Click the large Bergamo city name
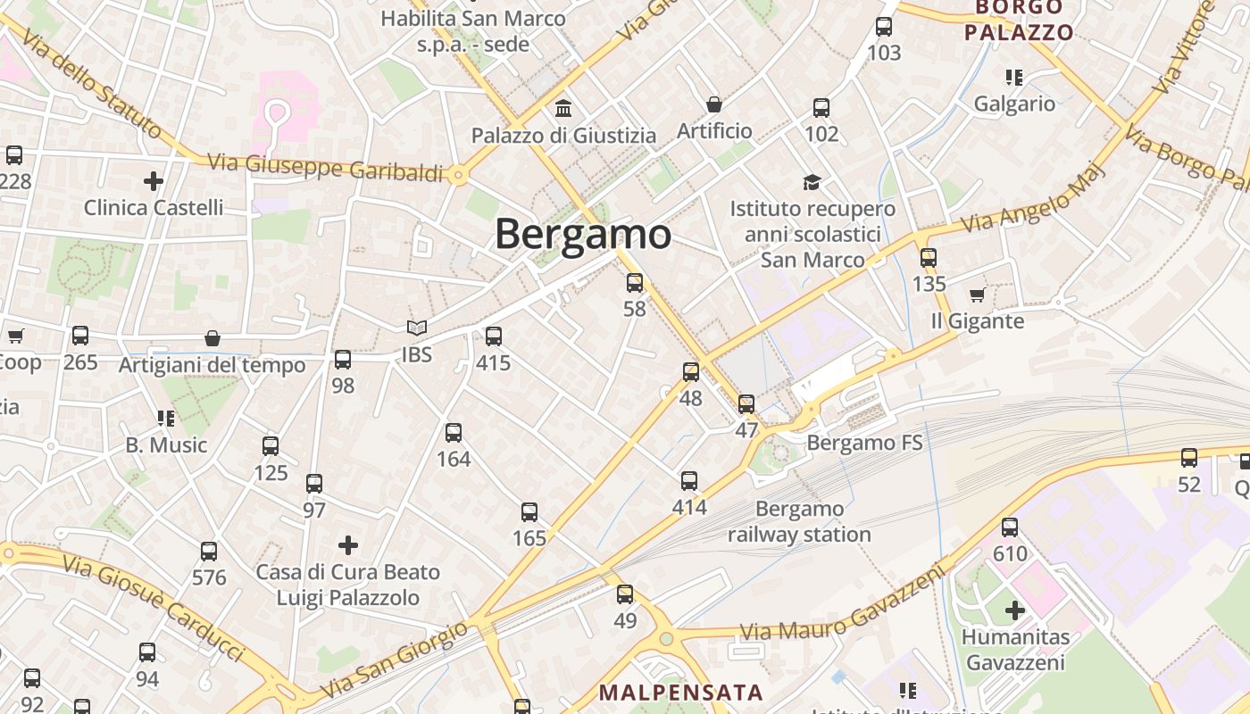pos(582,235)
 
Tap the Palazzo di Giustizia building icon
pos(563,109)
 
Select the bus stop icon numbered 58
pos(635,283)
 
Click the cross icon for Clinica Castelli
pos(154,181)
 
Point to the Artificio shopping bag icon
pos(714,104)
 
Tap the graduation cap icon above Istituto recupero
pos(812,182)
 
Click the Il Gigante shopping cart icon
pos(977,295)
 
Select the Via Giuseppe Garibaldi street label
pos(325,168)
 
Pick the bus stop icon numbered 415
pos(494,336)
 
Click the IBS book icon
pos(417,328)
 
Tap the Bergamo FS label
pos(864,443)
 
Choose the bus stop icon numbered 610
pos(1010,527)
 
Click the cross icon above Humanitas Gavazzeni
pos(1015,610)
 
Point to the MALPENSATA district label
pos(681,692)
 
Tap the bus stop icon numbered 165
pos(529,512)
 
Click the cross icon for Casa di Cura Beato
pos(348,544)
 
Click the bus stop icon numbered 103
pos(884,27)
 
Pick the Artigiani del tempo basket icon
pos(212,338)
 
